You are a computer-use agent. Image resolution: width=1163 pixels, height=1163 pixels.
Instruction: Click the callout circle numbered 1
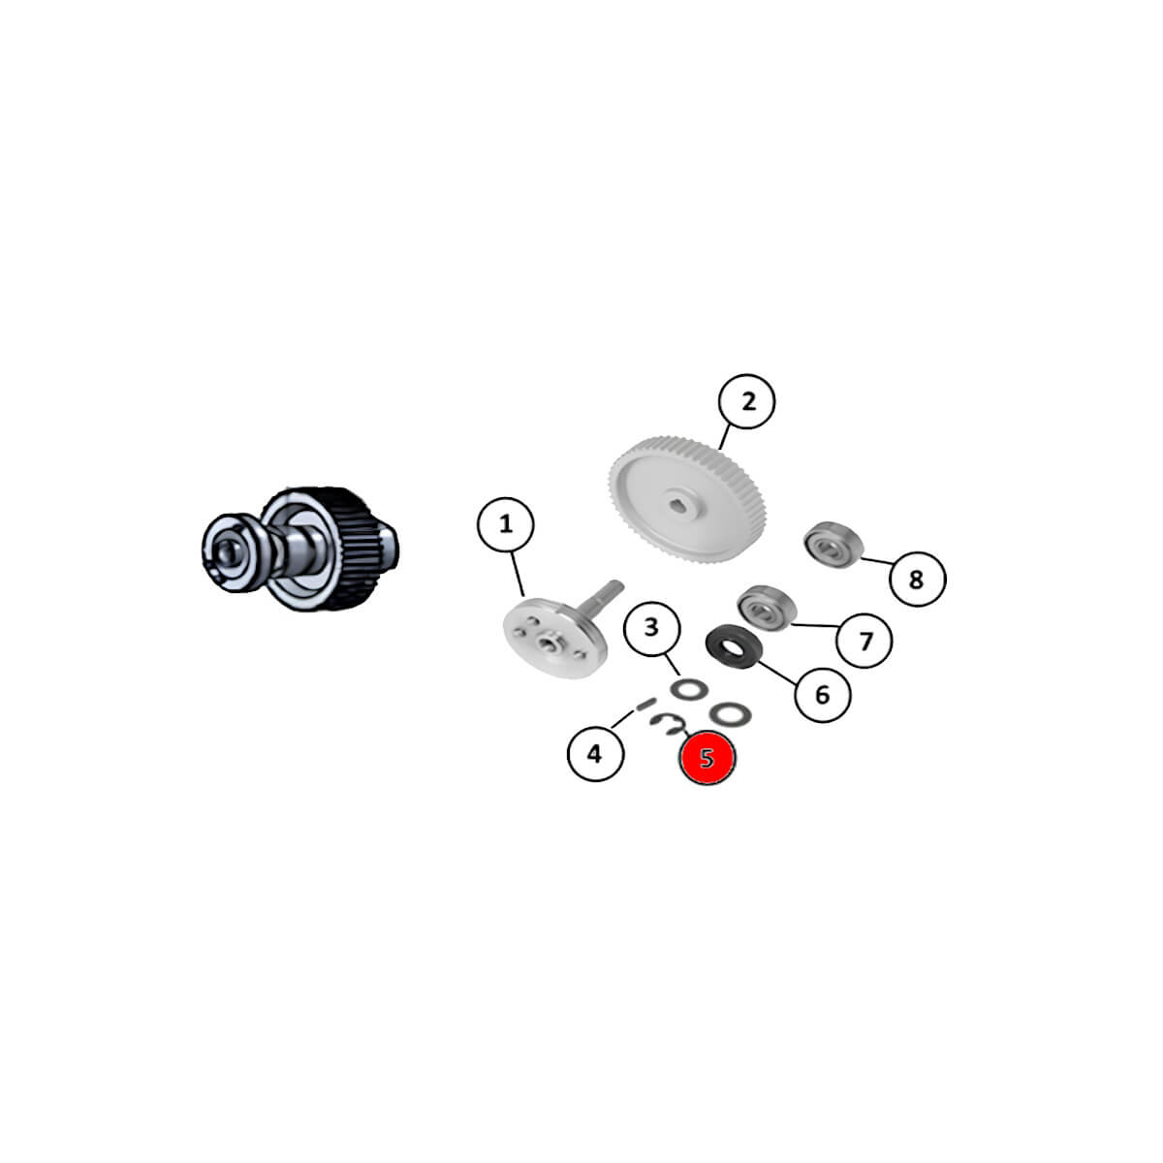pyautogui.click(x=505, y=524)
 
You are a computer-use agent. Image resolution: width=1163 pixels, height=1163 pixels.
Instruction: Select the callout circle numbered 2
pyautogui.click(x=746, y=401)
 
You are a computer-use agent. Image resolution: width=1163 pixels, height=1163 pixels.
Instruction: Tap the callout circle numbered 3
pyautogui.click(x=651, y=628)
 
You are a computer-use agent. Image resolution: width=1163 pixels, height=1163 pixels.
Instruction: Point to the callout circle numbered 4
pyautogui.click(x=595, y=753)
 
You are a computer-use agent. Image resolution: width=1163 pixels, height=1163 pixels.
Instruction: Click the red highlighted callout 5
pyautogui.click(x=707, y=757)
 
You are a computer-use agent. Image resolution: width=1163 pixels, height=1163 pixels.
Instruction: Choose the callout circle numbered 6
pyautogui.click(x=823, y=695)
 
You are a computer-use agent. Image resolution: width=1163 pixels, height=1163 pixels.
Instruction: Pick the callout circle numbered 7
pyautogui.click(x=864, y=641)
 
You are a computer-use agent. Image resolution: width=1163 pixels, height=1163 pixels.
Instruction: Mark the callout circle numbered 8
pyautogui.click(x=918, y=579)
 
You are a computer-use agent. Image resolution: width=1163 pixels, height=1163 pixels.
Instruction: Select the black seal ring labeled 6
pyautogui.click(x=734, y=646)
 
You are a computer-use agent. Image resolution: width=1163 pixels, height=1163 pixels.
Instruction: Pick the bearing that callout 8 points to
pyautogui.click(x=833, y=545)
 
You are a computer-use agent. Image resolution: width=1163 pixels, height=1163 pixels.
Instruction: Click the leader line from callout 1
pyautogui.click(x=517, y=574)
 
